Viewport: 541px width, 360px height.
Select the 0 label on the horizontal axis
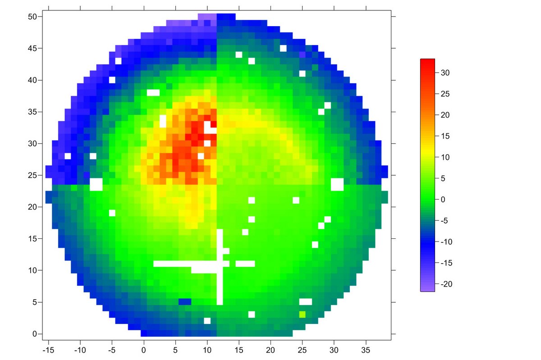click(144, 349)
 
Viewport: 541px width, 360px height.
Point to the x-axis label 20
click(270, 349)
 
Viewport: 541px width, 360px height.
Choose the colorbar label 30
click(445, 73)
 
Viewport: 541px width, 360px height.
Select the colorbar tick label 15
click(445, 136)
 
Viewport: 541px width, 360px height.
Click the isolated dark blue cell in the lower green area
click(185, 301)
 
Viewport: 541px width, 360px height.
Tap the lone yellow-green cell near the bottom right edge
click(302, 314)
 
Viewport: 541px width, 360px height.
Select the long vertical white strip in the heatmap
click(220, 267)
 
